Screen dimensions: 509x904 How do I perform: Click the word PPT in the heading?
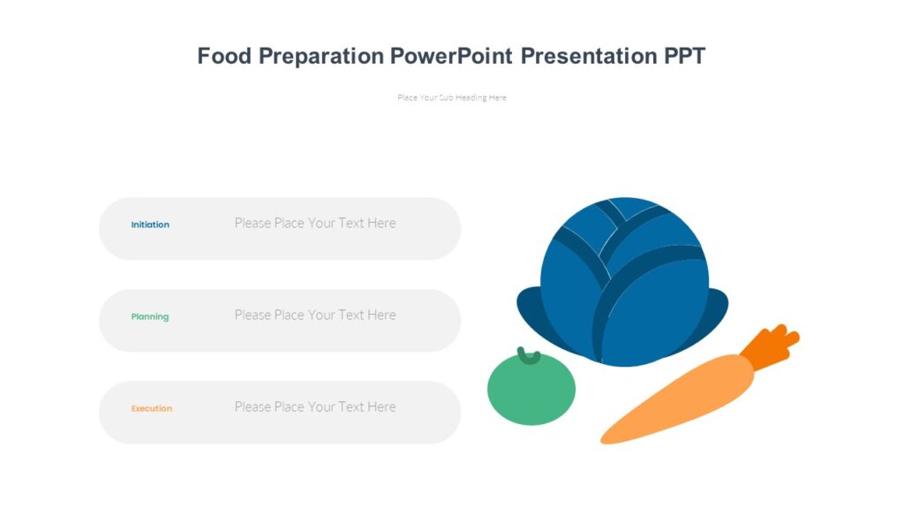[685, 57]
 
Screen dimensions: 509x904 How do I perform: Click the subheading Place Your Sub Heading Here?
[452, 98]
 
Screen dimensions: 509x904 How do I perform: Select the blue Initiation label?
[150, 224]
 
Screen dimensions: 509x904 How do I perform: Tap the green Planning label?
[150, 316]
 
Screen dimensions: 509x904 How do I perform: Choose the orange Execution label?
[152, 408]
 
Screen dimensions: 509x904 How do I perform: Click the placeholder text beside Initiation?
[315, 224]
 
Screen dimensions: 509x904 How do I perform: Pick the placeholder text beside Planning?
[315, 315]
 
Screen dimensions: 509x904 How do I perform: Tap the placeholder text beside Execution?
[315, 407]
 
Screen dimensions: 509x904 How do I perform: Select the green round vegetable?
[531, 391]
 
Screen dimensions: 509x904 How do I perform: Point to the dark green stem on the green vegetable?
[529, 356]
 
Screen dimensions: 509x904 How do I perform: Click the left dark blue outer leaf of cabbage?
[528, 309]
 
